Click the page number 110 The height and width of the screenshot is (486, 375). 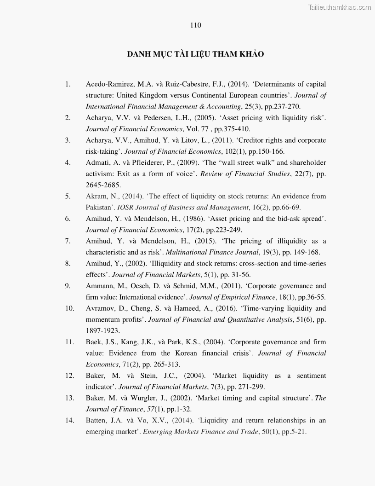[195, 25]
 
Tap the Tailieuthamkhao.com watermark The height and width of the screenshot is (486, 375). [340, 7]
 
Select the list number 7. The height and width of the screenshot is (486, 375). [68, 241]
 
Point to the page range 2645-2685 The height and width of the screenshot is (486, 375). [103, 185]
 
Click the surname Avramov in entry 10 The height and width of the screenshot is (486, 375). [100, 308]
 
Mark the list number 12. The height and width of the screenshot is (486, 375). [69, 376]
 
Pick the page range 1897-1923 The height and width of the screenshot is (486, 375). [103, 331]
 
